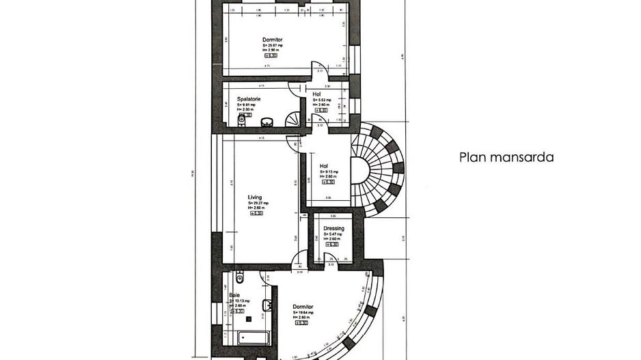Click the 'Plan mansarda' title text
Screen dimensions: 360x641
(x=506, y=157)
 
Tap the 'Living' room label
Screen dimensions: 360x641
(x=254, y=197)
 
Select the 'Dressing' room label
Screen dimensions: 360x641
(x=333, y=229)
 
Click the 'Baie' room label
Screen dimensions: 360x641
(x=235, y=295)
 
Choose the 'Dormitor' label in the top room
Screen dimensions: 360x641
(x=273, y=40)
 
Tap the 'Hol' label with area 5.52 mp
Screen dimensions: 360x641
(x=317, y=94)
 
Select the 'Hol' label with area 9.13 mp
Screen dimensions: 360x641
(x=325, y=165)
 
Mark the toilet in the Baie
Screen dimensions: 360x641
(x=238, y=277)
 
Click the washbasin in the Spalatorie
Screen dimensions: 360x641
(x=268, y=122)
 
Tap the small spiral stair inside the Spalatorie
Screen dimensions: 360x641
(x=292, y=120)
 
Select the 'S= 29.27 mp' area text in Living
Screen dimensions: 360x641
(x=258, y=203)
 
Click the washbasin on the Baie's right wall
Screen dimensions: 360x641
(x=267, y=305)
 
